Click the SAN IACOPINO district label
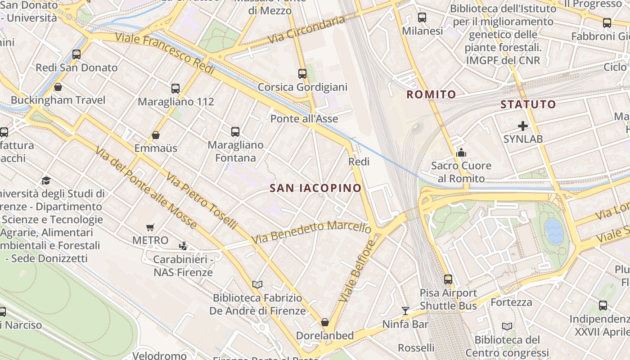(315, 188)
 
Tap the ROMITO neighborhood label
(431, 94)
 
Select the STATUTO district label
(528, 104)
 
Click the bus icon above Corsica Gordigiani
(302, 74)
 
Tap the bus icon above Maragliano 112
(175, 89)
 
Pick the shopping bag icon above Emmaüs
(156, 135)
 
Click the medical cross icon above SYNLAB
(523, 126)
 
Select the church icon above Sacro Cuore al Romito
(461, 153)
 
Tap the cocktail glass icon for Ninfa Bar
(405, 310)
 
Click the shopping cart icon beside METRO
(150, 228)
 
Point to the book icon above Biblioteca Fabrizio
(257, 284)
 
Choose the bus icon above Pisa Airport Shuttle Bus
(448, 279)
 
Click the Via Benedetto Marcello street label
(311, 232)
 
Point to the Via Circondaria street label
(306, 30)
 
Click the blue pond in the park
(554, 231)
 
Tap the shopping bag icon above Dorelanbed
(324, 322)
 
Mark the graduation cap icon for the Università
(46, 181)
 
